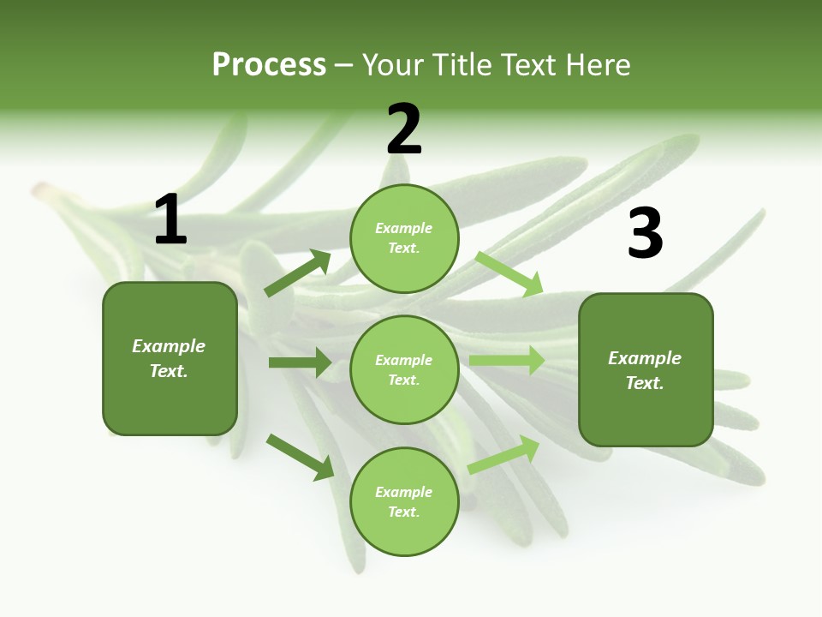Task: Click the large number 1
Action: pos(170,220)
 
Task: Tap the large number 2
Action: pos(404,129)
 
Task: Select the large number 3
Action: pos(645,234)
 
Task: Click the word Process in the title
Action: pos(269,64)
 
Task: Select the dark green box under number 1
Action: pos(170,358)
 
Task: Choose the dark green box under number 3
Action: pos(646,369)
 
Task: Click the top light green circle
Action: pos(404,237)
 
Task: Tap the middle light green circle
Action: pos(404,369)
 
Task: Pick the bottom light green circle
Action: pos(404,501)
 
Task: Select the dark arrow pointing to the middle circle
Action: pos(300,362)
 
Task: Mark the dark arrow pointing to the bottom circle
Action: pos(300,457)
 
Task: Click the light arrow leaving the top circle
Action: pos(509,274)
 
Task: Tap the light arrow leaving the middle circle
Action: pos(507,360)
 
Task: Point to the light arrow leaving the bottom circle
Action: pos(503,454)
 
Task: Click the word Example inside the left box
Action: pos(169,346)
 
